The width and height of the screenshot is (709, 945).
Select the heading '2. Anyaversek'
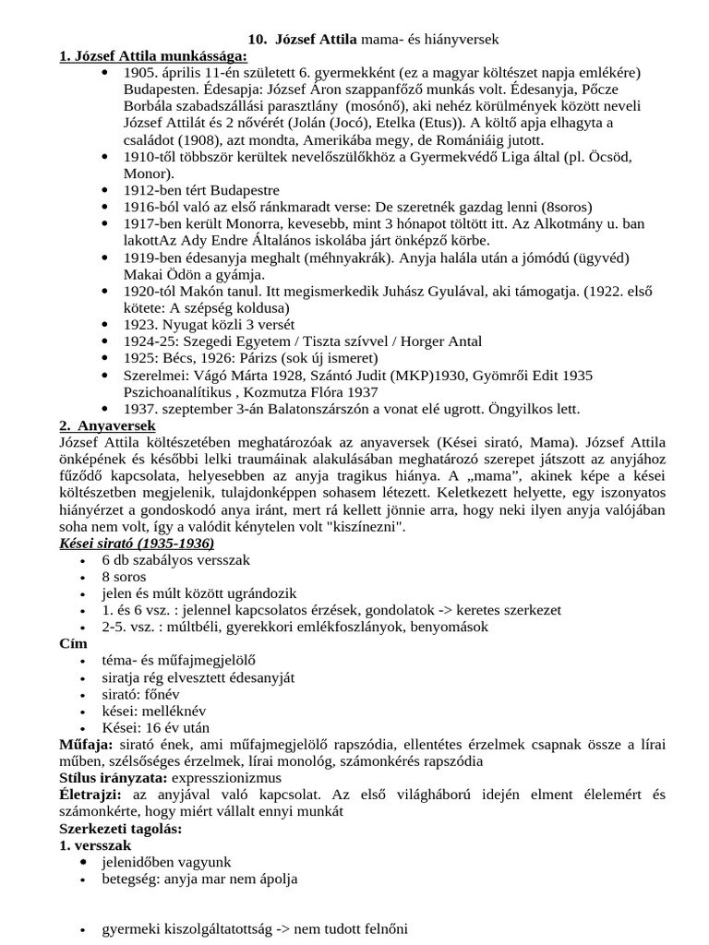(107, 425)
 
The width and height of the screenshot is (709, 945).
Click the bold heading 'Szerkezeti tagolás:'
(120, 828)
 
